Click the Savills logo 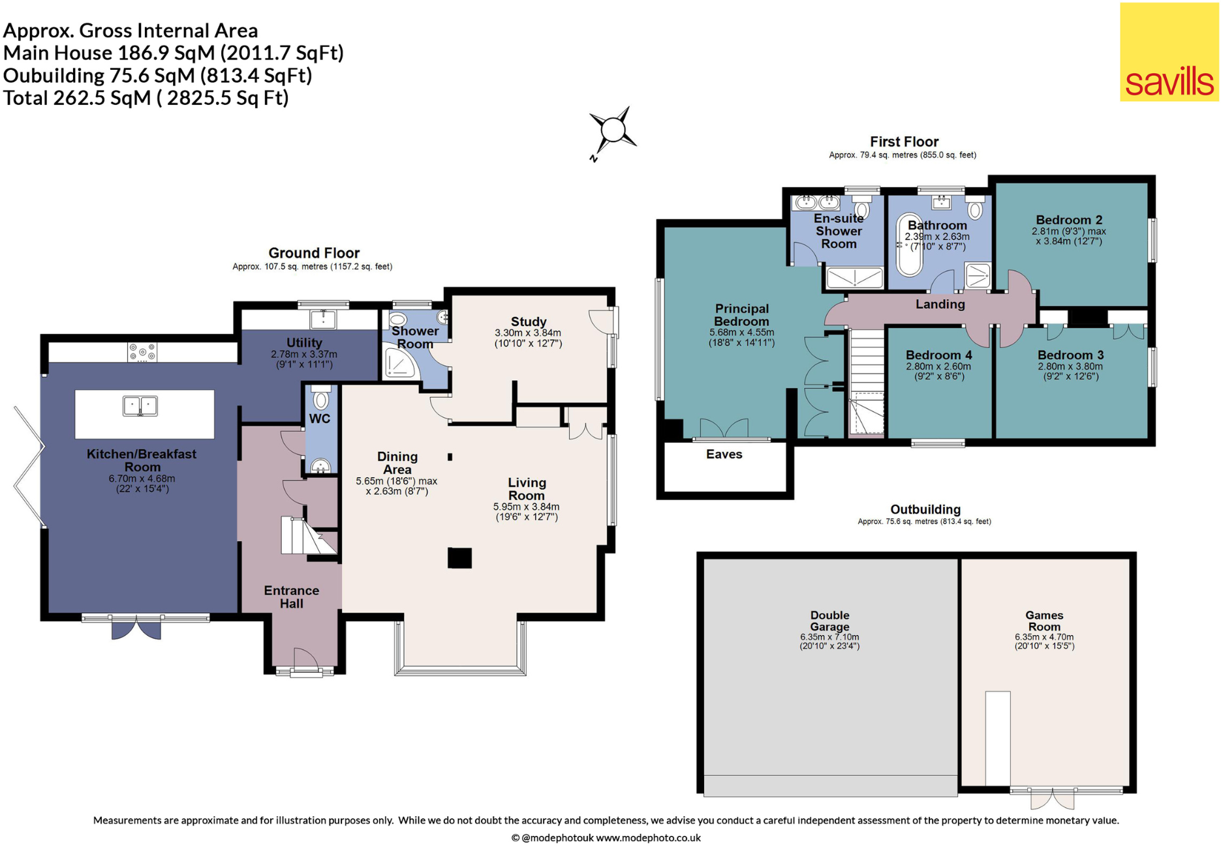(1169, 52)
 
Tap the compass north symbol (612, 134)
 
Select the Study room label (529, 321)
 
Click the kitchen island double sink (140, 406)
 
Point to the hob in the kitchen (143, 352)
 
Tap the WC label (320, 419)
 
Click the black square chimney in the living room (459, 558)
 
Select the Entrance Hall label (292, 597)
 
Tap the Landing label (940, 304)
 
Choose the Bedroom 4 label (938, 355)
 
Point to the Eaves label (724, 454)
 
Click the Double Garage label (829, 621)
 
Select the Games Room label (1044, 621)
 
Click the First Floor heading (904, 141)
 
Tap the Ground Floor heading (314, 253)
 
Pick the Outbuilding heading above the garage (925, 509)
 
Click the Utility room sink (323, 319)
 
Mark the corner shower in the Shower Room (399, 363)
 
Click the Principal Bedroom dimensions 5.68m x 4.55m (741, 333)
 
